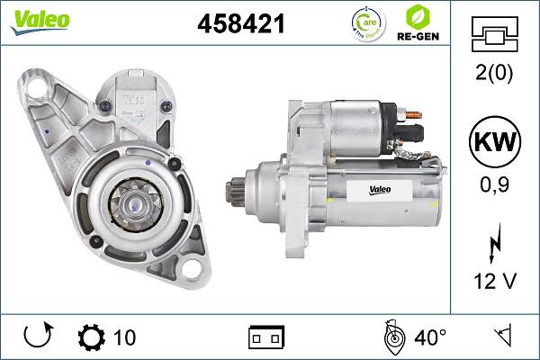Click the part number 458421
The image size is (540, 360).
240,25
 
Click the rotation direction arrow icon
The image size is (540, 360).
39,337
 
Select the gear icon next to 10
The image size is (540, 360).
92,337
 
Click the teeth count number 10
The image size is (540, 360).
125,338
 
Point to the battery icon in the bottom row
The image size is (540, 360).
266,337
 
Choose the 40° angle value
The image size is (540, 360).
430,338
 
